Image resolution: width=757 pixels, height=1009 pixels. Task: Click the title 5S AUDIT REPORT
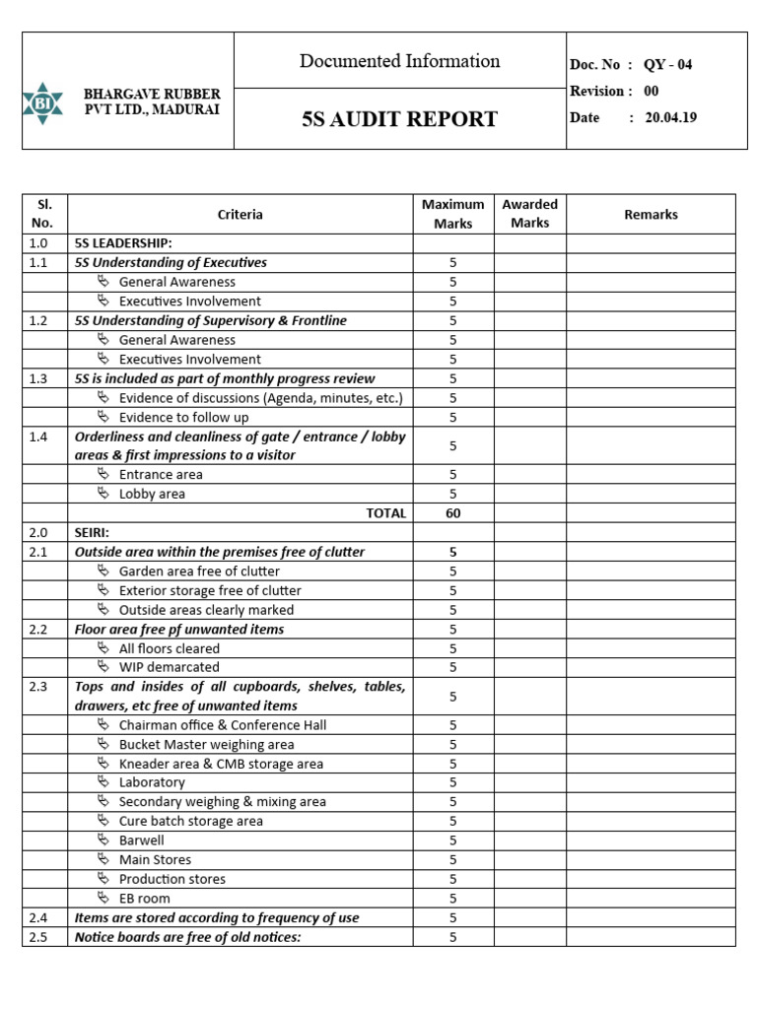pyautogui.click(x=399, y=120)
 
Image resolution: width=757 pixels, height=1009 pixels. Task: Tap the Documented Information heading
pyautogui.click(x=399, y=61)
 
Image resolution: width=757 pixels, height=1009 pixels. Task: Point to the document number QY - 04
pyautogui.click(x=667, y=65)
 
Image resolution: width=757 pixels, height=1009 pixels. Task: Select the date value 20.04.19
pyautogui.click(x=671, y=116)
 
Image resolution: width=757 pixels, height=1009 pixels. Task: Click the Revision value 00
pyautogui.click(x=651, y=91)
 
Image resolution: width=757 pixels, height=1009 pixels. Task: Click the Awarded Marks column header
pyautogui.click(x=529, y=214)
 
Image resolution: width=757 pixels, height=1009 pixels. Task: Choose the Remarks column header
pyautogui.click(x=651, y=214)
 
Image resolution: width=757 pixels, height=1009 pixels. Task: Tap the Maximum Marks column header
pyautogui.click(x=452, y=214)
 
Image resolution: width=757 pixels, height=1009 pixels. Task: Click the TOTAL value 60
pyautogui.click(x=452, y=513)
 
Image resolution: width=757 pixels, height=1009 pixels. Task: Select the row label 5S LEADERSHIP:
pyautogui.click(x=123, y=243)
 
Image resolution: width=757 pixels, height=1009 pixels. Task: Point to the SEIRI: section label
pyautogui.click(x=93, y=532)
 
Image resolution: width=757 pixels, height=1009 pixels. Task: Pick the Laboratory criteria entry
pyautogui.click(x=152, y=782)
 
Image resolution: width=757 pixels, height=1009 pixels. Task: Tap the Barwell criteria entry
pyautogui.click(x=142, y=841)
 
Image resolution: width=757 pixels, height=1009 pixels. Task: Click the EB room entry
pyautogui.click(x=144, y=899)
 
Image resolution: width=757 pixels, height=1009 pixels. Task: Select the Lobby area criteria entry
pyautogui.click(x=152, y=494)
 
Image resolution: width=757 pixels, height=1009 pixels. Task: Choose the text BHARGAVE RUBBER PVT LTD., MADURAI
pyautogui.click(x=152, y=101)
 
